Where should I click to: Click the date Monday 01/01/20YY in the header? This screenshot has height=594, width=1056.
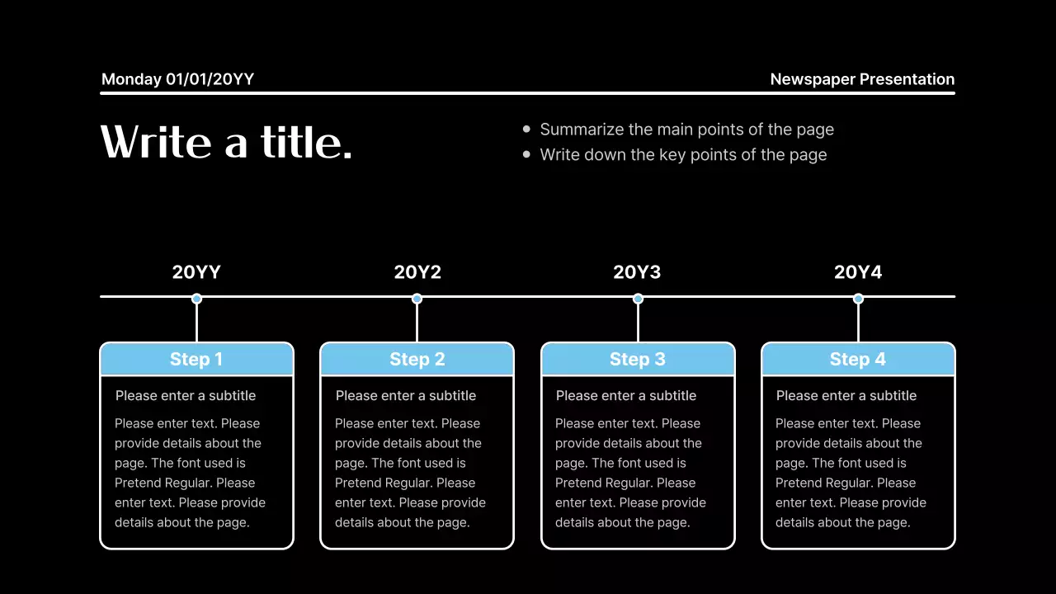pyautogui.click(x=177, y=79)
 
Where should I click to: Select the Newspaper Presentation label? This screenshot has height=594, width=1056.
pyautogui.click(x=862, y=79)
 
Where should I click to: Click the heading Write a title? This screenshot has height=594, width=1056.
pyautogui.click(x=226, y=142)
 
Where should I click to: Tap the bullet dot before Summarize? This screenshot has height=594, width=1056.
pyautogui.click(x=527, y=130)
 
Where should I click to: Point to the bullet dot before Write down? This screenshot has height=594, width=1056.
pyautogui.click(x=527, y=154)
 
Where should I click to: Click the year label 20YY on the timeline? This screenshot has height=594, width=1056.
pyautogui.click(x=196, y=272)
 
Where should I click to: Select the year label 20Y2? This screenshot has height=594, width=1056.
pyautogui.click(x=417, y=272)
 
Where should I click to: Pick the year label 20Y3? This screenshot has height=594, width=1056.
pyautogui.click(x=637, y=272)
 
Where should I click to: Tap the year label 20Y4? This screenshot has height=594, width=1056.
pyautogui.click(x=858, y=272)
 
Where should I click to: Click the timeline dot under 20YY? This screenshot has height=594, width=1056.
pyautogui.click(x=196, y=299)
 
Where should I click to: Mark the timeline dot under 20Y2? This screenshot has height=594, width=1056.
pyautogui.click(x=417, y=299)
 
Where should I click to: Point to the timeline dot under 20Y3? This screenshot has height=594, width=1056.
pyautogui.click(x=638, y=299)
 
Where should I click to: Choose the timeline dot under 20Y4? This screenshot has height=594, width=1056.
pyautogui.click(x=858, y=299)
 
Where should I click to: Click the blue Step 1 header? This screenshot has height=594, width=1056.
pyautogui.click(x=196, y=359)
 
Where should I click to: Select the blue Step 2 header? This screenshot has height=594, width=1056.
pyautogui.click(x=417, y=359)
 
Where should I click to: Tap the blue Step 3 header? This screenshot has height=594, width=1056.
pyautogui.click(x=638, y=359)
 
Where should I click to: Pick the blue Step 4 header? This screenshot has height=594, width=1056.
pyautogui.click(x=858, y=359)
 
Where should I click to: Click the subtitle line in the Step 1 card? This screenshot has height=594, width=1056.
pyautogui.click(x=186, y=395)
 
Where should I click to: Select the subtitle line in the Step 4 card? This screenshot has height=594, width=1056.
pyautogui.click(x=846, y=395)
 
